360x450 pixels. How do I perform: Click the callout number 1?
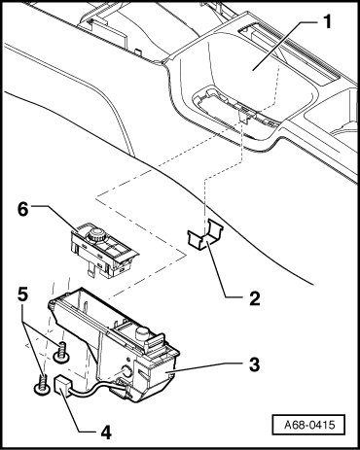328,22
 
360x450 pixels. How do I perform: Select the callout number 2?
255,298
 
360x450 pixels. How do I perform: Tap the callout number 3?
254,364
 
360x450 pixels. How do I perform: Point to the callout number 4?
106,432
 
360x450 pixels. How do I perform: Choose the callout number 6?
23,209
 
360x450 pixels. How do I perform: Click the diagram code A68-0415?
309,425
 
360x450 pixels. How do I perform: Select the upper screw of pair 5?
61,354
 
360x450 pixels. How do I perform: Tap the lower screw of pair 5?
43,385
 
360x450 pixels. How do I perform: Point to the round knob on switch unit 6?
96,234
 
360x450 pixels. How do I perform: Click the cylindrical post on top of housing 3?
141,333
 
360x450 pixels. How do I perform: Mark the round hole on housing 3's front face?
126,371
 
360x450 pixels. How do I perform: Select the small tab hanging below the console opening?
245,116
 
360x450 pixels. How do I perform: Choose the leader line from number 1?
286,45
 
